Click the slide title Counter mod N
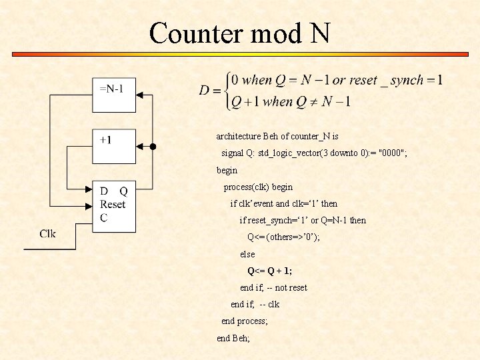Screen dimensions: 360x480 click(240, 33)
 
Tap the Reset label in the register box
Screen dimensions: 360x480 click(113, 204)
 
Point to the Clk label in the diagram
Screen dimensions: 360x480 click(48, 233)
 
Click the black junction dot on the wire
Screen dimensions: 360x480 click(153, 147)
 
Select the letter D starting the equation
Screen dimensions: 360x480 click(205, 91)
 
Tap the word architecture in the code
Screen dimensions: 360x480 click(238, 136)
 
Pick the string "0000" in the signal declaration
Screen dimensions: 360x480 click(390, 153)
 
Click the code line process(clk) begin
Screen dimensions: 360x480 click(258, 187)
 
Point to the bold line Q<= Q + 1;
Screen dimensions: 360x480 click(270, 271)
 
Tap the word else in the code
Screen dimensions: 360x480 click(247, 254)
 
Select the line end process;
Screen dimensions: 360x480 click(245, 321)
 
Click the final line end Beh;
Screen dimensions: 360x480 click(233, 338)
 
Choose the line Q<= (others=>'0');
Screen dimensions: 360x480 click(283, 237)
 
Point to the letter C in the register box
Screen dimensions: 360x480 click(104, 217)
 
